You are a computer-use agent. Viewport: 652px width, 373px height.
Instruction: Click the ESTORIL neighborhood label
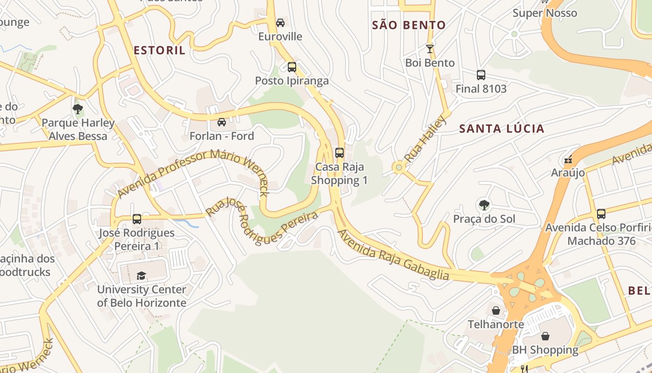159,50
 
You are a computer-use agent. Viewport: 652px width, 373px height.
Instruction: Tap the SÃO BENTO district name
408,25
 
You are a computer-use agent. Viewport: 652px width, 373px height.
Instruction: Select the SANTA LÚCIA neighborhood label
502,129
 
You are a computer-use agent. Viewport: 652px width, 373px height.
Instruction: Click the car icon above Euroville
280,22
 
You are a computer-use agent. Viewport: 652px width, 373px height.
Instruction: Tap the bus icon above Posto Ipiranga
292,67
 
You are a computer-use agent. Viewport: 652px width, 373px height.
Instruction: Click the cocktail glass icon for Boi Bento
429,48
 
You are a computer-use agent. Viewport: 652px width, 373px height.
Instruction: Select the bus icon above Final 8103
481,75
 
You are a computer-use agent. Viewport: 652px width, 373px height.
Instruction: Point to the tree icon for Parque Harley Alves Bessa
78,109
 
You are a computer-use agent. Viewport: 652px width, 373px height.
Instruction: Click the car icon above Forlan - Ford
222,122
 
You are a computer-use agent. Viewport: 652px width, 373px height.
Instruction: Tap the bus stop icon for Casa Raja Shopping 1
340,152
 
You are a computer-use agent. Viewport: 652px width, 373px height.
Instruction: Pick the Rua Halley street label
425,139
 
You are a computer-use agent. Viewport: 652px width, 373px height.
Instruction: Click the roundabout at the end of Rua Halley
398,167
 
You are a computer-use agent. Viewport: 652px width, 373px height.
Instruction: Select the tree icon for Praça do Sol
484,205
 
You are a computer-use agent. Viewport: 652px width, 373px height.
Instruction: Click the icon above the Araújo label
568,159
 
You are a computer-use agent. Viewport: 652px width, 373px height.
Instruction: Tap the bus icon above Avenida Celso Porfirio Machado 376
601,214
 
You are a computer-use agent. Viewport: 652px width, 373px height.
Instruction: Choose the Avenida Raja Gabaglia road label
394,255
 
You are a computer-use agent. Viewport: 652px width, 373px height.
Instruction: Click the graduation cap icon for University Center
141,276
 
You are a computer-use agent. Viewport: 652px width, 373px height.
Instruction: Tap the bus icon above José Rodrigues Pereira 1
137,219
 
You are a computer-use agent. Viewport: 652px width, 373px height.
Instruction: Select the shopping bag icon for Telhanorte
496,310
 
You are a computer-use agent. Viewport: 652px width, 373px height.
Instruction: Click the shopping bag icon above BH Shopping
545,336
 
